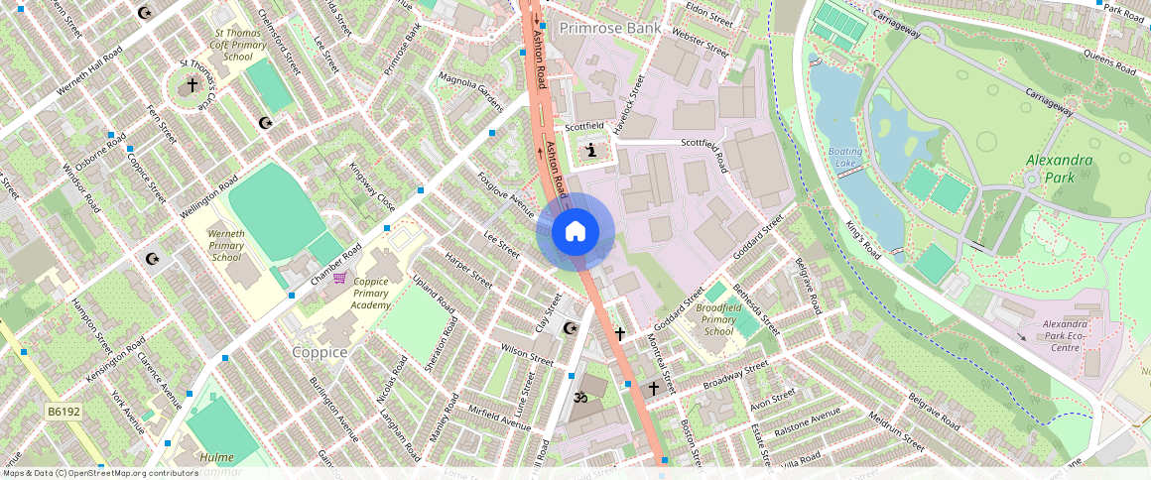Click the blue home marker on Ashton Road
pos(575,232)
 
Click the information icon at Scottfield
pos(592,151)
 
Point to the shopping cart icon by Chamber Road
pos(339,279)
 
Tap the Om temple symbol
pos(581,396)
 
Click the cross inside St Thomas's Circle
pos(192,86)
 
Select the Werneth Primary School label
pos(226,245)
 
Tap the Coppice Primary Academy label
pos(370,294)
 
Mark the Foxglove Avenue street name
pos(506,194)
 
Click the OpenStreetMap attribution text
pos(99,473)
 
